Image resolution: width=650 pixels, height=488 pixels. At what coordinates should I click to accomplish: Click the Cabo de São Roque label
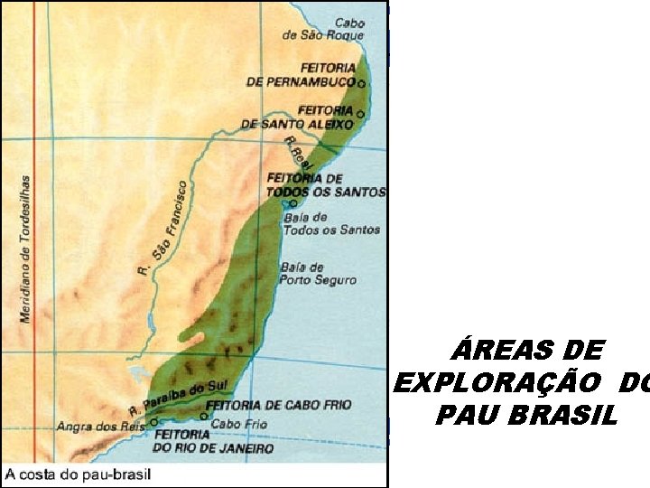point(323,29)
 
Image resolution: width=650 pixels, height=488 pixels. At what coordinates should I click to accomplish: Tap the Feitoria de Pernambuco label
point(301,74)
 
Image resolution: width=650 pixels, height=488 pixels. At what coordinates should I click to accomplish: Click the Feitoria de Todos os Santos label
point(325,185)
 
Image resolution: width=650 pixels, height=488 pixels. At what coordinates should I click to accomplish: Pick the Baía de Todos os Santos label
point(318,223)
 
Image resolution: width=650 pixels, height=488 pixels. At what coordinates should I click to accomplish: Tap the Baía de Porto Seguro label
point(318,274)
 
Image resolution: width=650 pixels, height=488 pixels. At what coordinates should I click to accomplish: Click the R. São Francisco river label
point(163,228)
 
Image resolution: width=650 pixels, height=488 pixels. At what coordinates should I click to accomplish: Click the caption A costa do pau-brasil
point(79,474)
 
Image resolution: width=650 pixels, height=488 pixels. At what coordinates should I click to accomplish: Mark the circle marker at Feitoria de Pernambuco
point(361,83)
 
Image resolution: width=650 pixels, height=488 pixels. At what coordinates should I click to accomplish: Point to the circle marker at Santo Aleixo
point(360,114)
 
